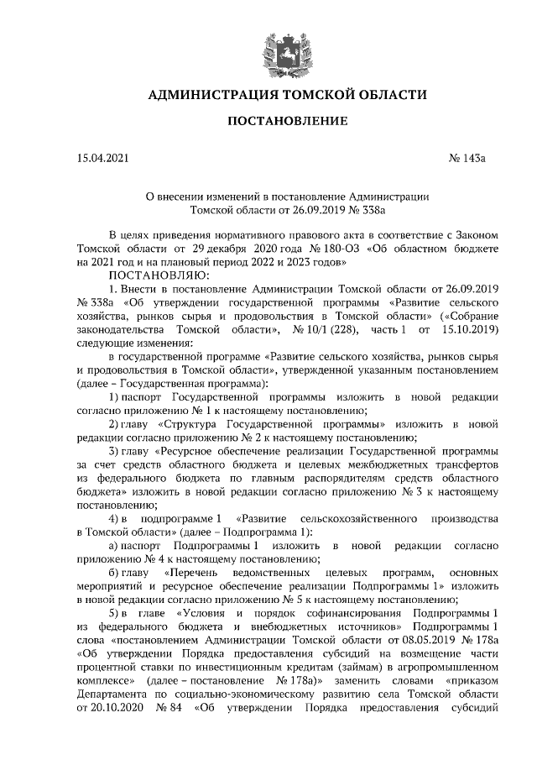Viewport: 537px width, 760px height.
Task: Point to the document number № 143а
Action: pyautogui.click(x=456, y=158)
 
